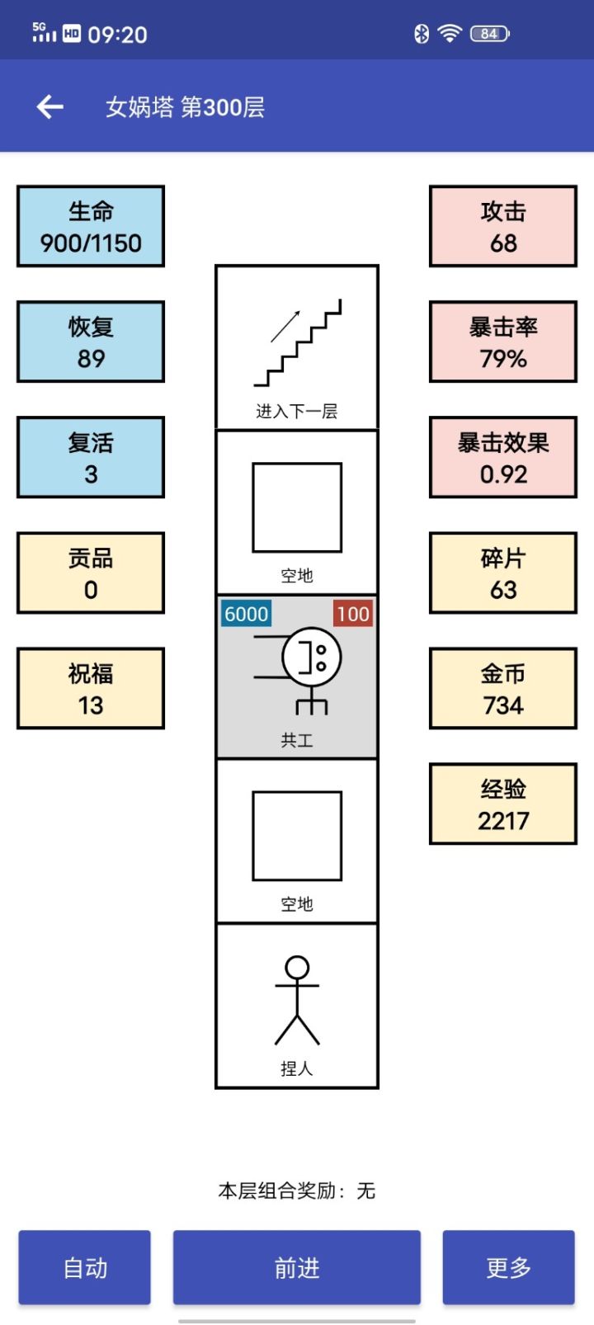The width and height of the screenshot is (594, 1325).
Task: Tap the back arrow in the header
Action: (x=50, y=106)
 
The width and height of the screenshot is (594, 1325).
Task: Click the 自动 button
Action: (x=85, y=1267)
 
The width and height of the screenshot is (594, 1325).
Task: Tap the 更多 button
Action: (x=508, y=1267)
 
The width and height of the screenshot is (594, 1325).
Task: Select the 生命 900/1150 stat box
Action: (x=91, y=226)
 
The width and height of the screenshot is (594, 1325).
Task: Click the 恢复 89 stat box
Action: (x=91, y=342)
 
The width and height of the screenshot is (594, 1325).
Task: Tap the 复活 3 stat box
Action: (x=91, y=457)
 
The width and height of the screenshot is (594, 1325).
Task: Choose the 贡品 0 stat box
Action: (x=91, y=573)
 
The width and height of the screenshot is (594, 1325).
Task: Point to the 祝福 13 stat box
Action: (x=91, y=688)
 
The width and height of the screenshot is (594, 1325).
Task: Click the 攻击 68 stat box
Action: (x=503, y=226)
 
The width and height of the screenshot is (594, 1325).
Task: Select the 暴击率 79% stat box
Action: (x=503, y=342)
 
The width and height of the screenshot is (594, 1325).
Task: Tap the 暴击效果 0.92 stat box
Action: (x=503, y=457)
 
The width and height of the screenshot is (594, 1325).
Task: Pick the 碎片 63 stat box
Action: (x=503, y=573)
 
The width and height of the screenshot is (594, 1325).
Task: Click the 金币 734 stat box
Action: (x=503, y=688)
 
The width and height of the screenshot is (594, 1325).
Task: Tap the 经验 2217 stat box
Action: (x=503, y=804)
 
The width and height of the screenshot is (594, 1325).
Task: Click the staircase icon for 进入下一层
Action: (x=297, y=343)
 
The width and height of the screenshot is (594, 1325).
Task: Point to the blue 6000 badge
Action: (x=246, y=614)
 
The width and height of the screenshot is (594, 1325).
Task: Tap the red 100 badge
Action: (x=352, y=614)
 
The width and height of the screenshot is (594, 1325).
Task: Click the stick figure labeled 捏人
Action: (x=297, y=1000)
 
